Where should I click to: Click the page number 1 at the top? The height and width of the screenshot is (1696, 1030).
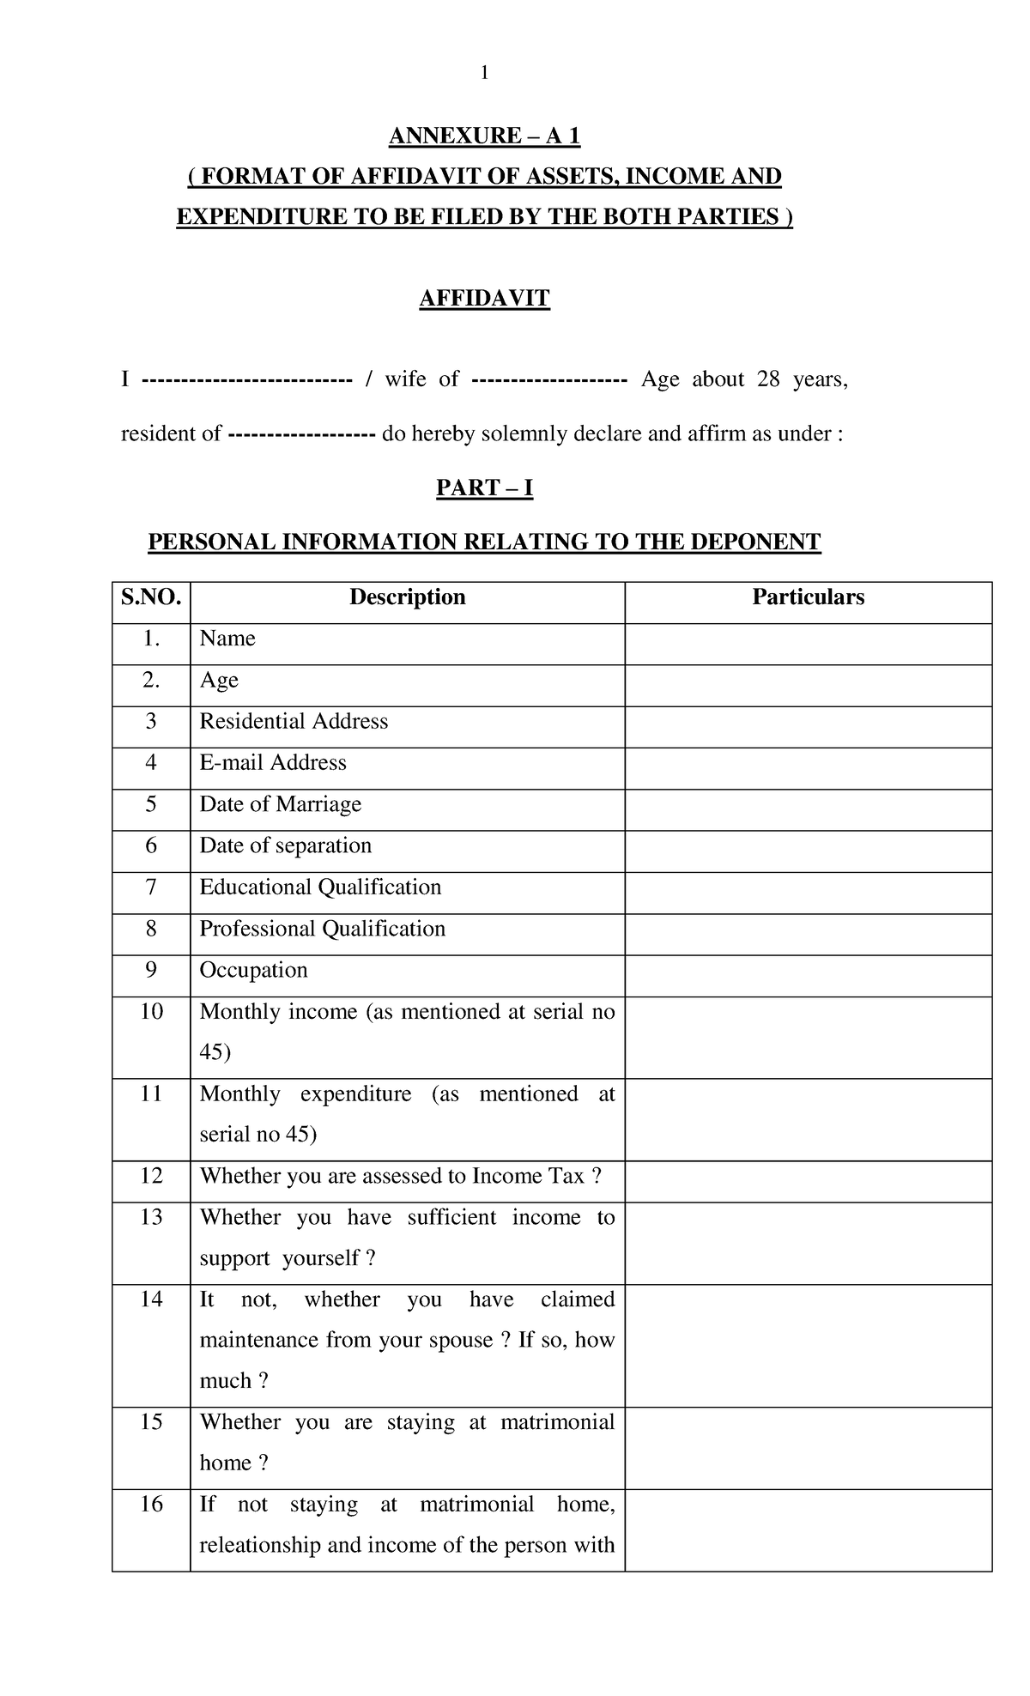click(484, 74)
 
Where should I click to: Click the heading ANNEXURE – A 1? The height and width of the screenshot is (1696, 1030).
click(484, 136)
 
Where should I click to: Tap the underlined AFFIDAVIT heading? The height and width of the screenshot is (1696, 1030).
click(484, 299)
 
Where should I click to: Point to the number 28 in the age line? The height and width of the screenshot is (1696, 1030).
click(767, 379)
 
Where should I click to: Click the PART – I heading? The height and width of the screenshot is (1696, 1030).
click(484, 488)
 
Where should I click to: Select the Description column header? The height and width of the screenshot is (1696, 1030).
click(407, 597)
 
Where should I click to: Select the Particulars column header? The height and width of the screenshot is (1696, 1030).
click(808, 597)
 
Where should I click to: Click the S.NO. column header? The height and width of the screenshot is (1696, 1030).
click(151, 597)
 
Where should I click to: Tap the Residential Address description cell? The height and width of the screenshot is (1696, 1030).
click(294, 722)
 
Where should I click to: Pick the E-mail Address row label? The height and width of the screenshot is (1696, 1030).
click(273, 763)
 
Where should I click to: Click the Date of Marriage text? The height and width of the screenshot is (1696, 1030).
click(280, 804)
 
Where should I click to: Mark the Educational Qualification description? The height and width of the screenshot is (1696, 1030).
click(320, 887)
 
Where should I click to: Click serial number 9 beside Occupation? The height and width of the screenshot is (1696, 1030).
click(151, 971)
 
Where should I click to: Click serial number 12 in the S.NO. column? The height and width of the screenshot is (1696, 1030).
click(151, 1176)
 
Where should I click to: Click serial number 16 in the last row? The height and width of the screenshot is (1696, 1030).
click(151, 1505)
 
